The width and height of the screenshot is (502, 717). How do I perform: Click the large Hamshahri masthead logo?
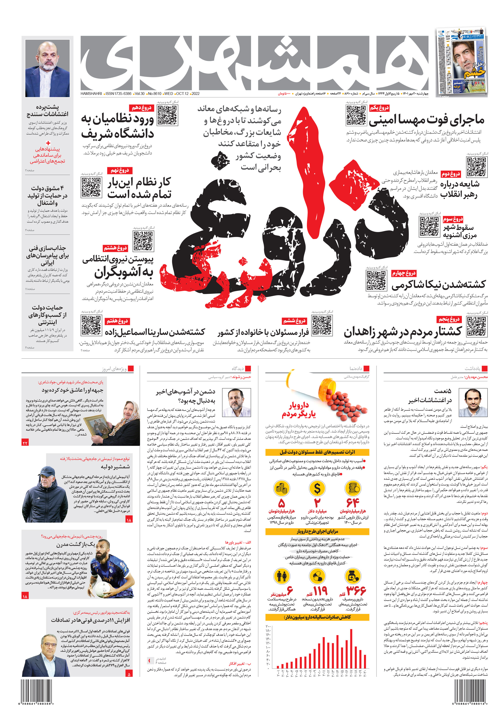(255, 63)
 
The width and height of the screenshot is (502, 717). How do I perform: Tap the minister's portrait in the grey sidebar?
(47, 68)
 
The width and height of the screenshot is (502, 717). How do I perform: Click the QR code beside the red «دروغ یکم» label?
(356, 115)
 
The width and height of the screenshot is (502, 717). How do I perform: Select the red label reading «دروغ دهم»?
(142, 108)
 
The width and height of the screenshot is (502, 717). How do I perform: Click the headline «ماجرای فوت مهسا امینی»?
(427, 120)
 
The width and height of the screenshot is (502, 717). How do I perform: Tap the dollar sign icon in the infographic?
(317, 488)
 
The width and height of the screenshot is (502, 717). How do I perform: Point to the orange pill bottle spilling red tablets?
(328, 390)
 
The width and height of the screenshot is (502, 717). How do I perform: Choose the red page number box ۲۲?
(25, 443)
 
